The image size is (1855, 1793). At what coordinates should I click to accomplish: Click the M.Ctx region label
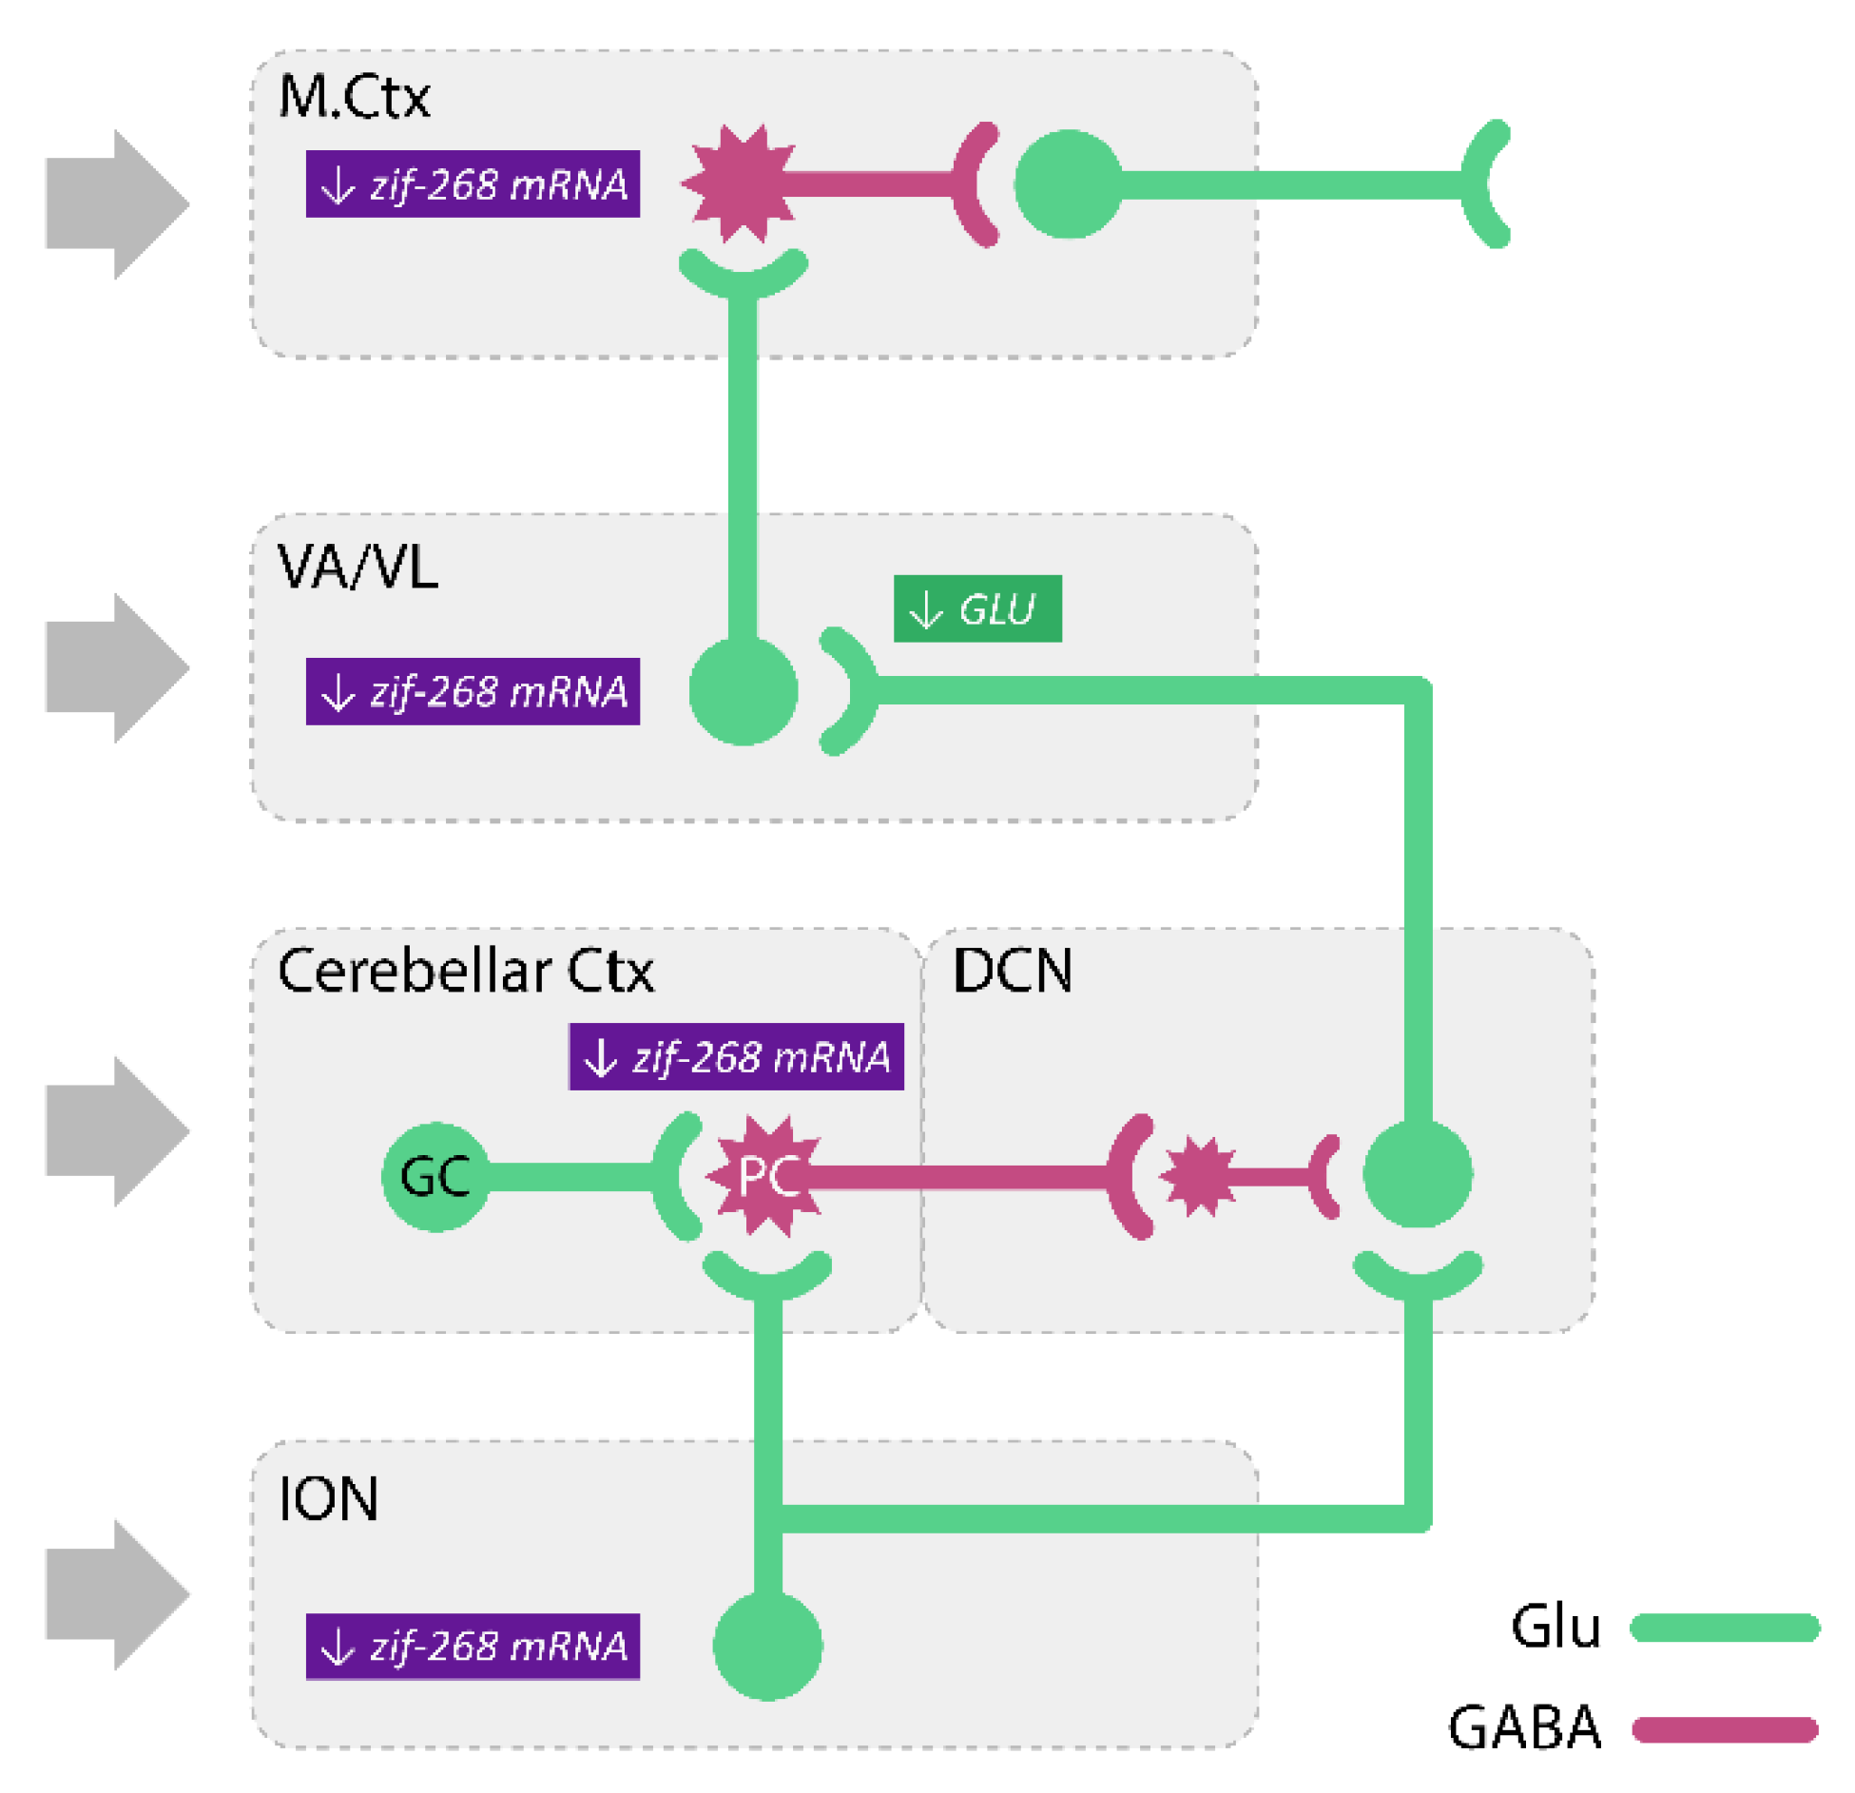tap(353, 96)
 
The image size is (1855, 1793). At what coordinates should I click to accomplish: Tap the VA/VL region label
tap(357, 567)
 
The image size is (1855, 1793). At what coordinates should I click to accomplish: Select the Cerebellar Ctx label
tap(465, 970)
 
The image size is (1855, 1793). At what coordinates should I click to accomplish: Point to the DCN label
tap(1013, 970)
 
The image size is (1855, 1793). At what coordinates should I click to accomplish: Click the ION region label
tap(327, 1498)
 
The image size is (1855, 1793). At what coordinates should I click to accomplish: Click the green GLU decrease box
tap(976, 608)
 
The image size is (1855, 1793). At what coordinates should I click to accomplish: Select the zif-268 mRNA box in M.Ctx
tap(472, 184)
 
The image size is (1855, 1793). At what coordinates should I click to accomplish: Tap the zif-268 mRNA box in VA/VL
tap(472, 691)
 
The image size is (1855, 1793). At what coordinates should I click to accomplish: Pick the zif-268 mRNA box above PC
tap(735, 1056)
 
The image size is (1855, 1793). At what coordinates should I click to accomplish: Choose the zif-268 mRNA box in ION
tap(472, 1646)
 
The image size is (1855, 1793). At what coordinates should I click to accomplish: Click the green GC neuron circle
tap(435, 1177)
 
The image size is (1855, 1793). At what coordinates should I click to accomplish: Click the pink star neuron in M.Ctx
tap(741, 183)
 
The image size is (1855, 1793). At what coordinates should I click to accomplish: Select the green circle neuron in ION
tap(766, 1646)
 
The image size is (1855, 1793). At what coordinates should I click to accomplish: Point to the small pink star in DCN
tap(1197, 1177)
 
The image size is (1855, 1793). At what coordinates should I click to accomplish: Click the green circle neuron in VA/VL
tap(743, 691)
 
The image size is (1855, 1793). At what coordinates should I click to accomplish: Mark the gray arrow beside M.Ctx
tap(117, 204)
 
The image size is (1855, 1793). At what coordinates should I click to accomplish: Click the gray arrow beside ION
tap(117, 1594)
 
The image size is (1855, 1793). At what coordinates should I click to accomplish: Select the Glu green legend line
tap(1724, 1627)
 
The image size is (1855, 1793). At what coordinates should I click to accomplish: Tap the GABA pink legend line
tap(1724, 1727)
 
